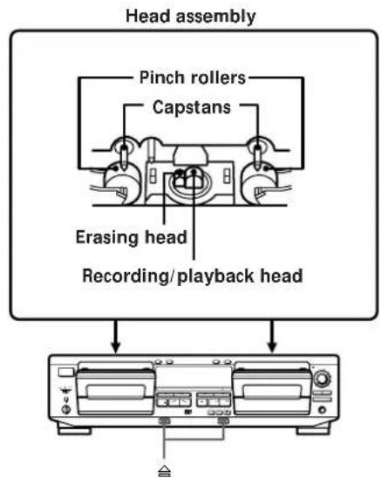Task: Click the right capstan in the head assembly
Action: click(x=256, y=148)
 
